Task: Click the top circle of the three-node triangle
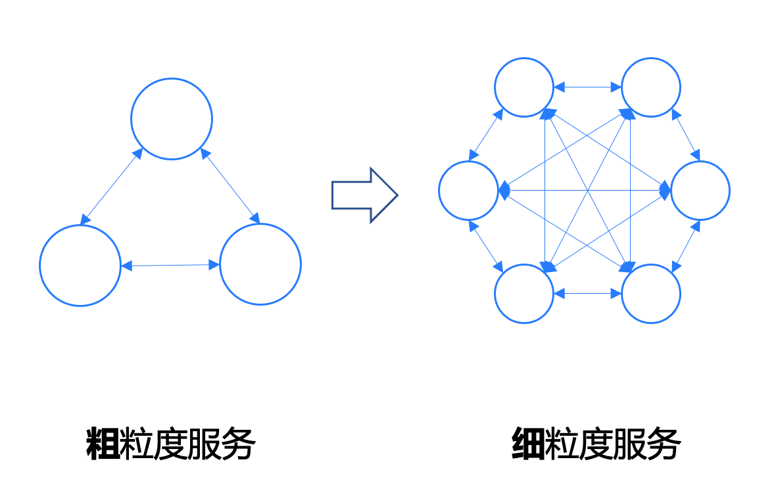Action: point(172,79)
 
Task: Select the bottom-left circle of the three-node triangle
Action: point(80,225)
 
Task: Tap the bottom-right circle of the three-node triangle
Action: point(260,225)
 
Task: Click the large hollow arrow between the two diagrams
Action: point(364,195)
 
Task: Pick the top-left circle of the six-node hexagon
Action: point(523,59)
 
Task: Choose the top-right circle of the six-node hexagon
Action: point(651,59)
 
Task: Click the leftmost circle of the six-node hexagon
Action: point(468,162)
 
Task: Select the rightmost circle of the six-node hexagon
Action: point(700,162)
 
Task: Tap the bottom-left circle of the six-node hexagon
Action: point(523,264)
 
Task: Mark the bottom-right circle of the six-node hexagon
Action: point(651,264)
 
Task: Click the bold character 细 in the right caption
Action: point(528,444)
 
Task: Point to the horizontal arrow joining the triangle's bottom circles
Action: point(170,266)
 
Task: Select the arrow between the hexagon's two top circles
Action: point(587,87)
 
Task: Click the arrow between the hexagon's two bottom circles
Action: point(587,294)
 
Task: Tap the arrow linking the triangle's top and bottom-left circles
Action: point(111,186)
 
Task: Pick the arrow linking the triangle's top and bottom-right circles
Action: point(230,185)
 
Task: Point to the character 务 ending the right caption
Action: point(664,444)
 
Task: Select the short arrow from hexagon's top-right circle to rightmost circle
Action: point(686,135)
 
